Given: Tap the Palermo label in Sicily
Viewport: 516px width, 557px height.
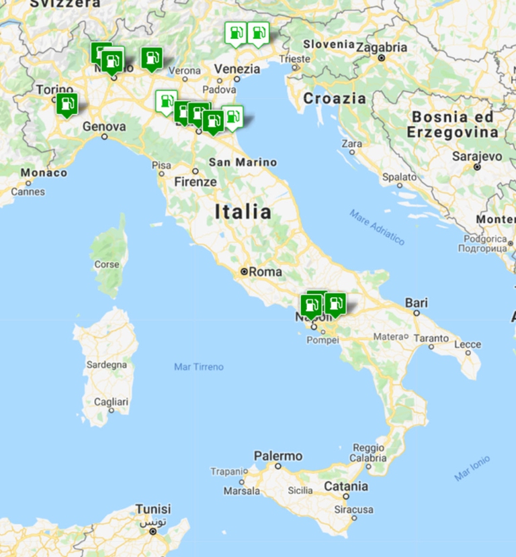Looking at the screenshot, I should coord(278,456).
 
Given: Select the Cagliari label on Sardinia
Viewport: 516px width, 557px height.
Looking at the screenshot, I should coord(112,401).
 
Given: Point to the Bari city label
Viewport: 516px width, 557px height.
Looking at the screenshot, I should coord(417,303).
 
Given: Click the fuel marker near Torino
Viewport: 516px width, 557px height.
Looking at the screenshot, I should coord(67,104).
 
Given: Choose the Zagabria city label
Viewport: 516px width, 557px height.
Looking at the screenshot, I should coord(382,48).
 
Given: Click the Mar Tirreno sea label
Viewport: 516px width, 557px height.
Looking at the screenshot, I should coord(199,367).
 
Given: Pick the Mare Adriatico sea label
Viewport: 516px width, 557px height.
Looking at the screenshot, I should coord(377,227).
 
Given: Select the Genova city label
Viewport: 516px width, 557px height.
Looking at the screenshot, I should coord(104,126).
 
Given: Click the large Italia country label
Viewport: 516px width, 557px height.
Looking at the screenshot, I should coord(243,212).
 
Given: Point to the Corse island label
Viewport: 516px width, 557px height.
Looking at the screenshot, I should coord(107,264).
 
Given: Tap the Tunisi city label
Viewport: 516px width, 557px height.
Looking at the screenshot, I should coord(153,509).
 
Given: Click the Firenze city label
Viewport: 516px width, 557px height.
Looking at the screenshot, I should coord(196,182).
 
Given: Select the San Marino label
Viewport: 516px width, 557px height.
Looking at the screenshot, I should coord(243,162).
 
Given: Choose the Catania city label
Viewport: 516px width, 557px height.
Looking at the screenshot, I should coord(346,486).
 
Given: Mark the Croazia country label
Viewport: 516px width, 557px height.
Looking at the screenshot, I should coord(335,99).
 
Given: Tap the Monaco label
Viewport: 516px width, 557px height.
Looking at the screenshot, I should coord(44,173).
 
